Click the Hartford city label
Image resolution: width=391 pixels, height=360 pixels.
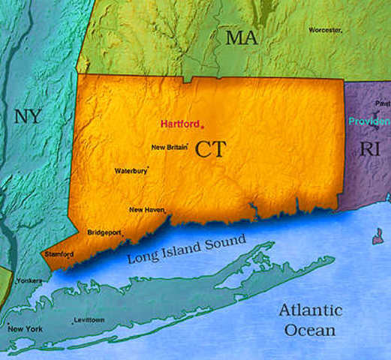click(180, 123)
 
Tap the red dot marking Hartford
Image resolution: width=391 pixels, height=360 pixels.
click(202, 126)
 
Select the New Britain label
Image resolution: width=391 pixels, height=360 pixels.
click(168, 147)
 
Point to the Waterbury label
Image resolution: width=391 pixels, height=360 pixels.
click(131, 171)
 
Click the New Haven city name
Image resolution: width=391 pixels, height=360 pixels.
click(146, 210)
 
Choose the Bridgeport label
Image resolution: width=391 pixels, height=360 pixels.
click(104, 232)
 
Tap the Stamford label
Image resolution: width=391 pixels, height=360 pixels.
click(59, 254)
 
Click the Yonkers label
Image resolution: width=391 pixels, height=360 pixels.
click(29, 280)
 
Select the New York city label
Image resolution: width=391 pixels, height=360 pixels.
click(26, 329)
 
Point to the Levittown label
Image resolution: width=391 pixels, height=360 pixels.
click(89, 320)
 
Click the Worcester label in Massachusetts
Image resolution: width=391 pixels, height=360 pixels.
click(324, 30)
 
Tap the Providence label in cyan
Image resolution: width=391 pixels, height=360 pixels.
click(369, 121)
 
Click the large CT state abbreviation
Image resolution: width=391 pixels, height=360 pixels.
click(211, 148)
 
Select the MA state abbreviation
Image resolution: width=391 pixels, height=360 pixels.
click(242, 39)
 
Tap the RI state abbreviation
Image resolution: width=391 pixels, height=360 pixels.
click(369, 148)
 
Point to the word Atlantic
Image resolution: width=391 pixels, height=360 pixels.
click(310, 310)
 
